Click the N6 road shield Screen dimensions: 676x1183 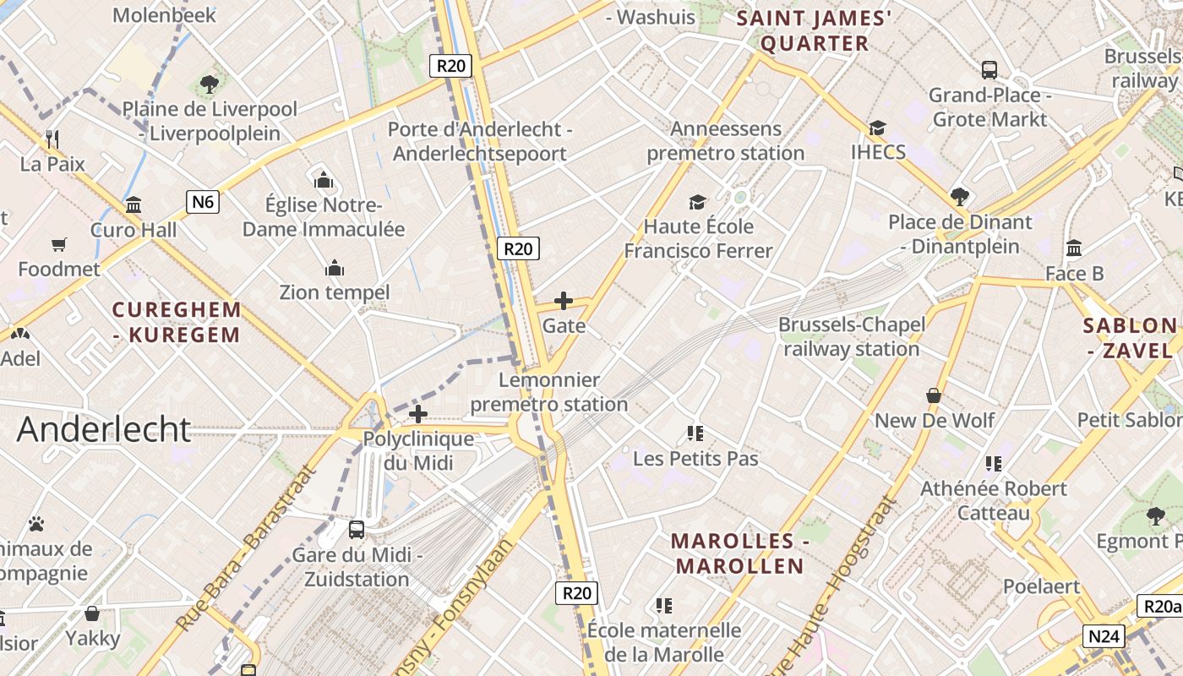pos(203,201)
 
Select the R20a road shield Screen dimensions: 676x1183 pos(1161,606)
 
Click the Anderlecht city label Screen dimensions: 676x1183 pos(104,429)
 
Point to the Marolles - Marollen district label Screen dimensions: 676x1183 pos(738,553)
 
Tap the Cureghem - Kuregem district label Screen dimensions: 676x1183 pos(177,322)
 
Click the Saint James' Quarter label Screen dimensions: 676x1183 pos(815,30)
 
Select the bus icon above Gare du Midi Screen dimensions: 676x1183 pos(357,530)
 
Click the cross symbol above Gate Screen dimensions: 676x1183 pos(564,301)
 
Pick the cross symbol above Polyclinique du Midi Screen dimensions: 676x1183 pos(418,414)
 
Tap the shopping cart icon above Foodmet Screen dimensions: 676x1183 pos(59,245)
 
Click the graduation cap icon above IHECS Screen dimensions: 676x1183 pos(878,128)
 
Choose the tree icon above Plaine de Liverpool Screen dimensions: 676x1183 pos(210,84)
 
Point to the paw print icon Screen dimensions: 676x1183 pos(35,524)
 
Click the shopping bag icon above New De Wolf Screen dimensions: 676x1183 pos(934,395)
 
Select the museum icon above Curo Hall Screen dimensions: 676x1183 pos(134,205)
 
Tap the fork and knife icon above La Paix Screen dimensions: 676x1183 pos(52,139)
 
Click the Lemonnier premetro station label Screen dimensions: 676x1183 pos(549,392)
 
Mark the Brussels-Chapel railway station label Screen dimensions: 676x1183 pos(852,336)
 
